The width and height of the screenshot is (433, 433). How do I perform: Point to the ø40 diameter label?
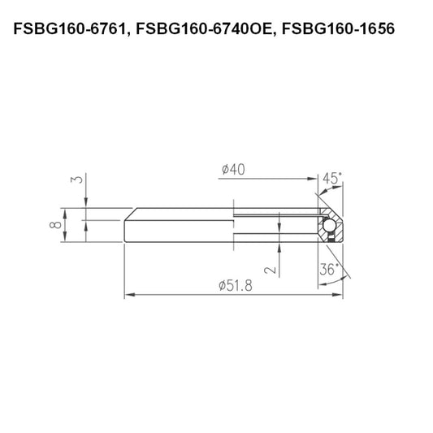[233, 170]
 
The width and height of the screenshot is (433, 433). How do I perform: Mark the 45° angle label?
[331, 178]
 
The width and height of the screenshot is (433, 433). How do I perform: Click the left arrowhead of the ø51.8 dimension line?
[128, 296]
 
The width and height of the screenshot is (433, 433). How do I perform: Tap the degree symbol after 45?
[340, 174]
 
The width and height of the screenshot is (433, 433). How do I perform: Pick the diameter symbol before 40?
[224, 170]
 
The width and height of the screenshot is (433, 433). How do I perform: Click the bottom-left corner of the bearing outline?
[124, 242]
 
